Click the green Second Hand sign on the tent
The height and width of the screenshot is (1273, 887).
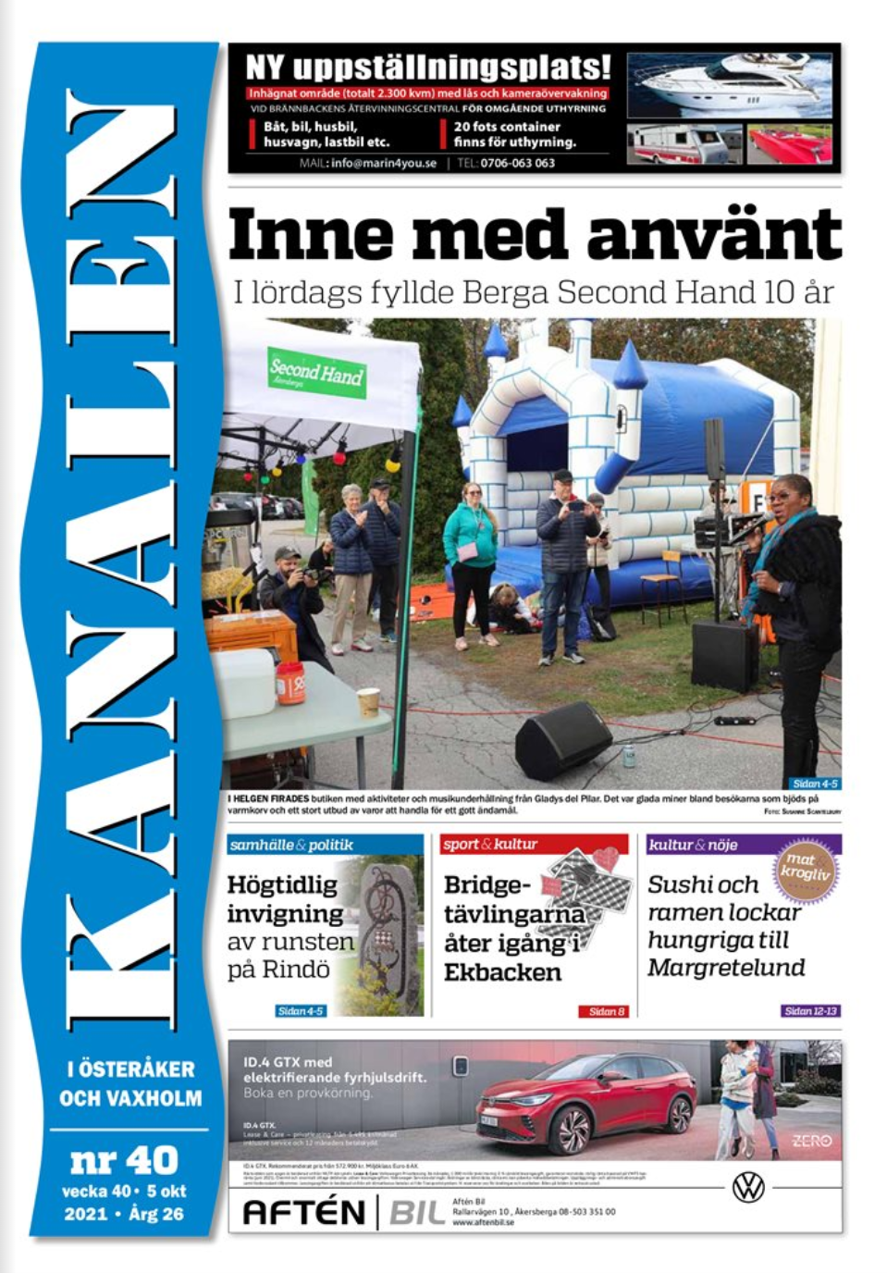[316, 372]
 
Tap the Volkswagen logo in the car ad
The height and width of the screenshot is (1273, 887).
[747, 1186]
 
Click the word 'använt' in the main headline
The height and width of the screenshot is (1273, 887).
[713, 235]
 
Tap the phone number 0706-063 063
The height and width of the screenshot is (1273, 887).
[517, 163]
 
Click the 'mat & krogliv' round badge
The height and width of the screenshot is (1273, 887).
[805, 867]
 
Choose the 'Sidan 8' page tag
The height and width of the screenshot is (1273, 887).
[607, 1011]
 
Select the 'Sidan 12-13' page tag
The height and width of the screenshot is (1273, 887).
[810, 1011]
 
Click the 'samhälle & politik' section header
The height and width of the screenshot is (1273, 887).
[291, 845]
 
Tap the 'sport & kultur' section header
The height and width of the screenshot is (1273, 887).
[489, 844]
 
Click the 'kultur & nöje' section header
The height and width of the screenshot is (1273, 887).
[693, 845]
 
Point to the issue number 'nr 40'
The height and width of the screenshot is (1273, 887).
[124, 1159]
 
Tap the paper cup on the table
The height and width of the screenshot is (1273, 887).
[368, 701]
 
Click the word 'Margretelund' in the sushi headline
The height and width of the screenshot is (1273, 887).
[726, 968]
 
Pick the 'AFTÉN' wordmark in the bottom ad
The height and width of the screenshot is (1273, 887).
[303, 1211]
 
